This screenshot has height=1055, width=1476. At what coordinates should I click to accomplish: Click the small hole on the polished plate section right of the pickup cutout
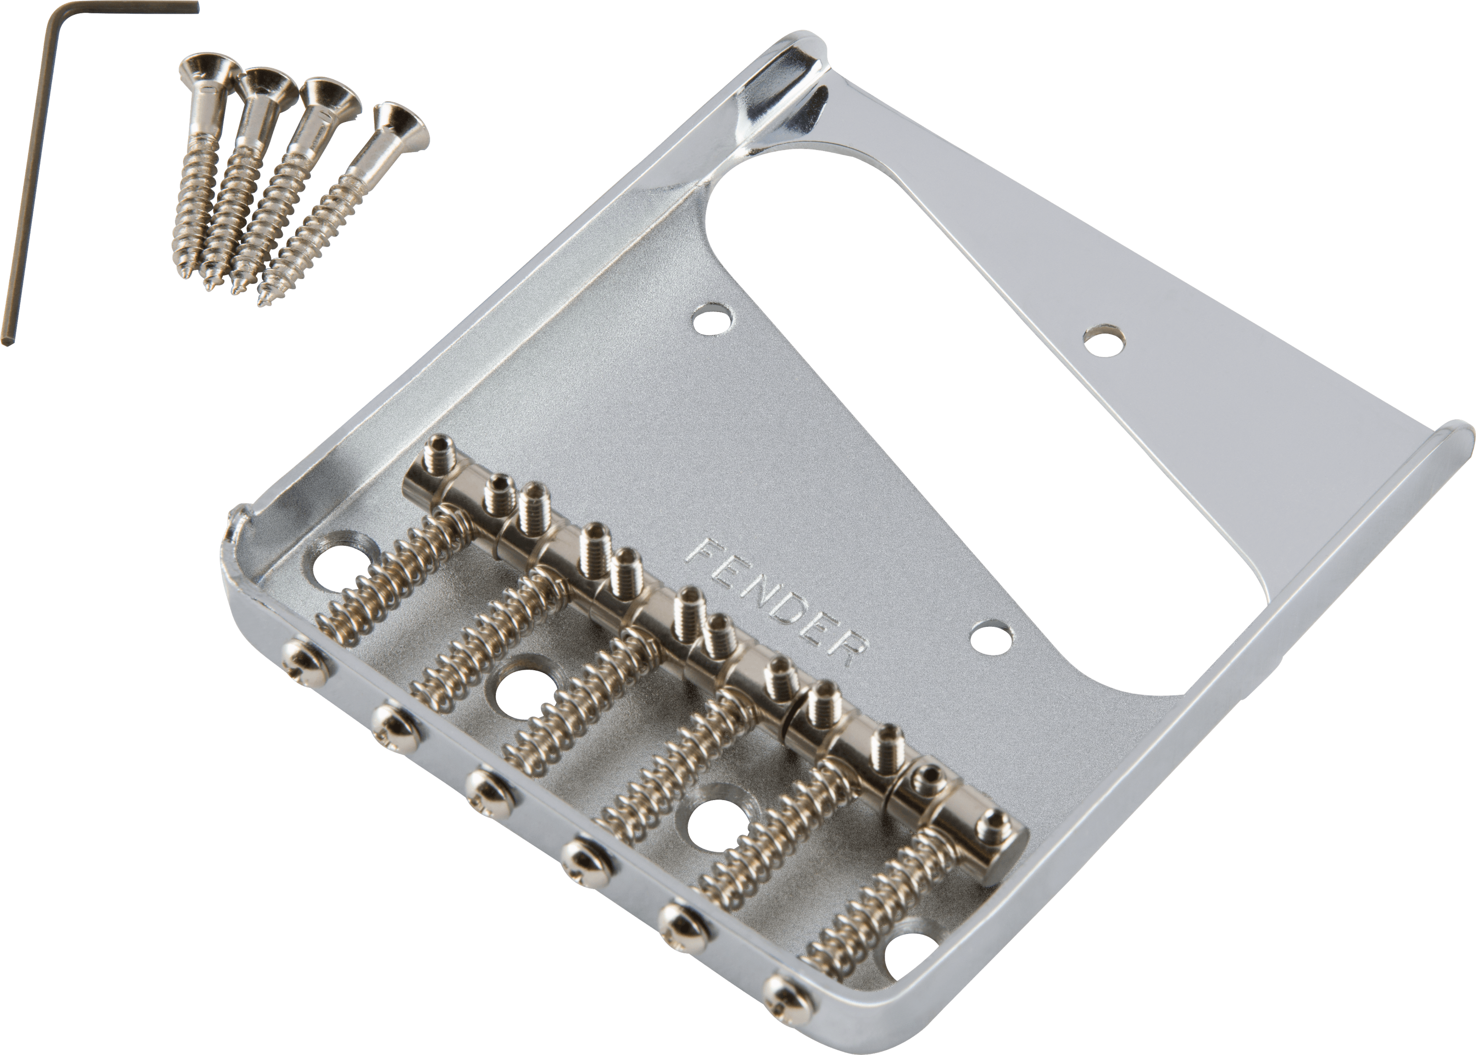point(1105,341)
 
